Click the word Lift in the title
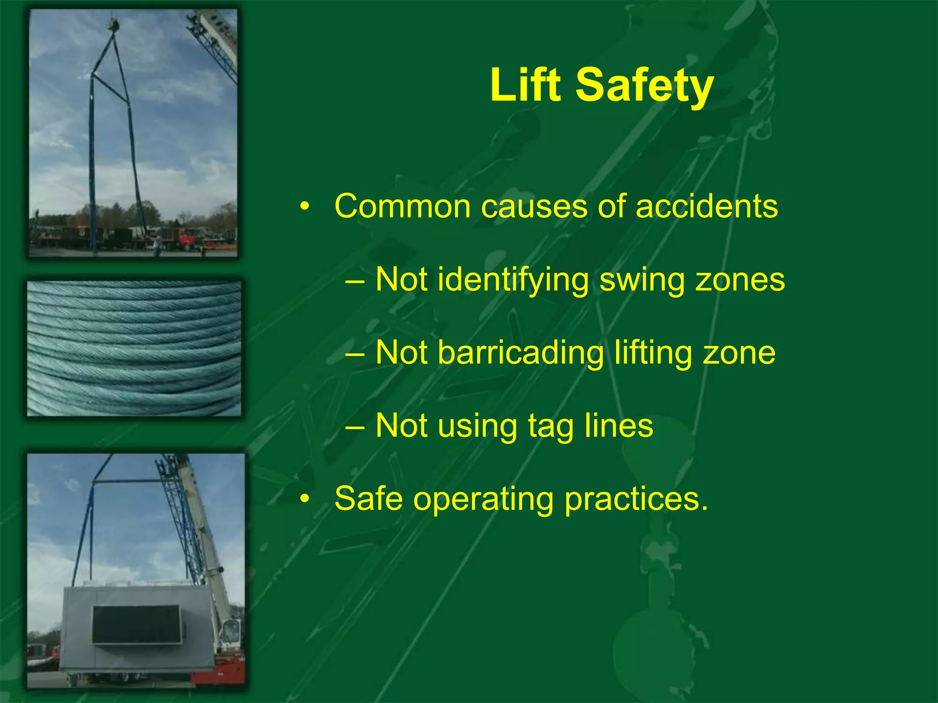(525, 85)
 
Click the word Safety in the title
(644, 85)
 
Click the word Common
(403, 206)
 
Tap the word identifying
(513, 280)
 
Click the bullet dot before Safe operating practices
(305, 499)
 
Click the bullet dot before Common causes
(305, 206)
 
